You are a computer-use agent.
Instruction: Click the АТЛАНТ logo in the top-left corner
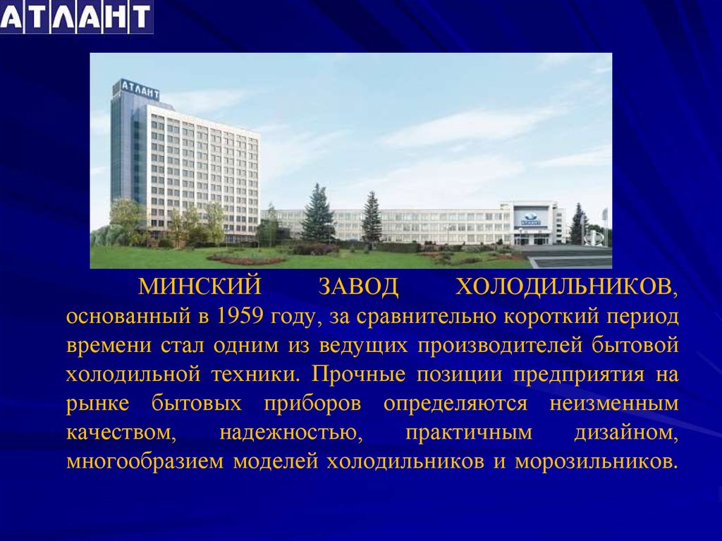click(76, 17)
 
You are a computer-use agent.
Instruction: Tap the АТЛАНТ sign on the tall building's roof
click(140, 90)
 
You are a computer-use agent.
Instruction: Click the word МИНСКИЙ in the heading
click(200, 286)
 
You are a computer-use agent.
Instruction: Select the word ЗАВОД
click(359, 286)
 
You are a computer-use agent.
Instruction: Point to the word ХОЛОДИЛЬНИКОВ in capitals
click(567, 286)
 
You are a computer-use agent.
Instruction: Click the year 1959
click(239, 316)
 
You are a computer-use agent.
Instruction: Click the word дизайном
click(626, 432)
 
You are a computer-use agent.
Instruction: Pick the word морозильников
click(596, 462)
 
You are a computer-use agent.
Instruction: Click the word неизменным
click(614, 403)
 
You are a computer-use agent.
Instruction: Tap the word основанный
click(128, 316)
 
